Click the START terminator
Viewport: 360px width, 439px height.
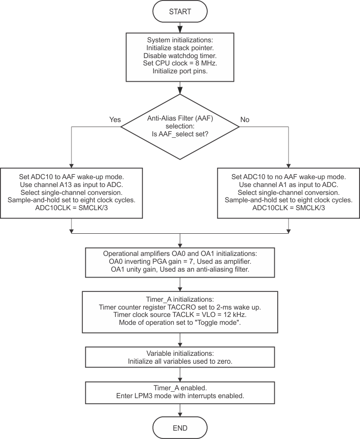pyautogui.click(x=180, y=11)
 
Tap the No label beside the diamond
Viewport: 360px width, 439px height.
pyautogui.click(x=245, y=120)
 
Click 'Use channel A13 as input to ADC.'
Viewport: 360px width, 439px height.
pyautogui.click(x=72, y=184)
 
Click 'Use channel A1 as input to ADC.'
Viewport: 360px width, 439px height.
pyautogui.click(x=289, y=184)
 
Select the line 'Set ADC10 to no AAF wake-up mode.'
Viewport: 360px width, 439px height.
pyautogui.click(x=289, y=176)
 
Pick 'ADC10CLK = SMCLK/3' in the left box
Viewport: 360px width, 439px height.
pyautogui.click(x=72, y=208)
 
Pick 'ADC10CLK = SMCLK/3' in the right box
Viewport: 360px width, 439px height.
pyautogui.click(x=289, y=208)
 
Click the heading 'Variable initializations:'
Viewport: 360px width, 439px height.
pyautogui.click(x=180, y=354)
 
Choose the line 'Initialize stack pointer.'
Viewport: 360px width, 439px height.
pyautogui.click(x=180, y=47)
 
